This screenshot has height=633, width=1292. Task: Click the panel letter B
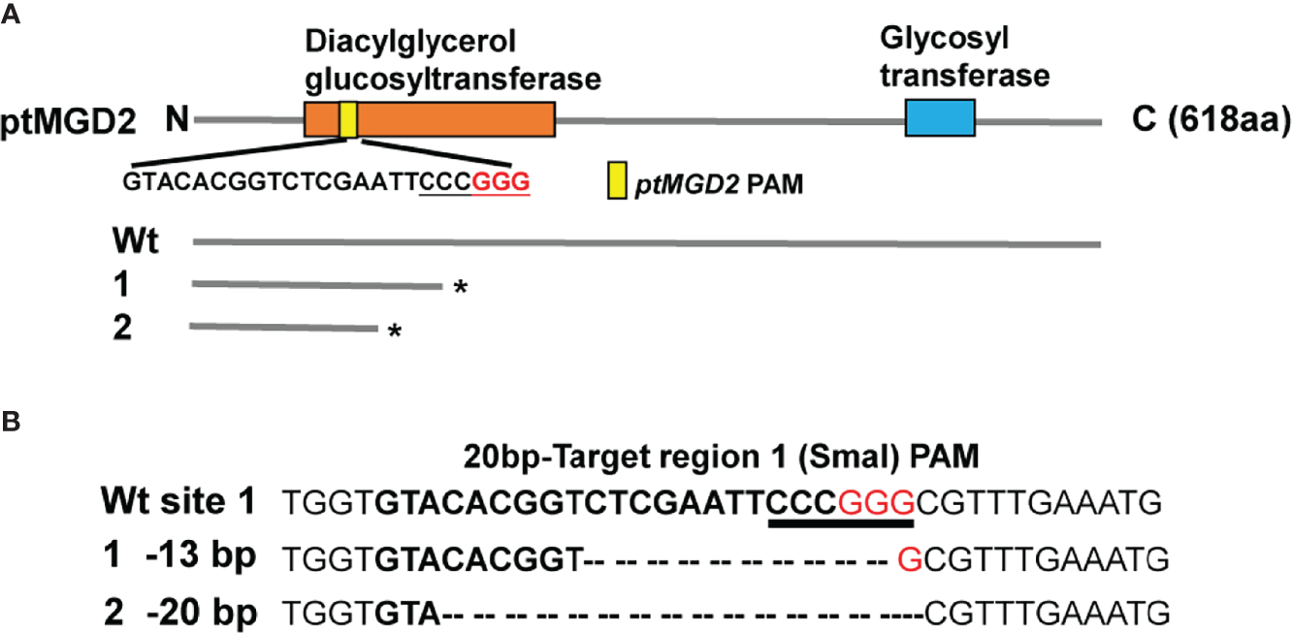[11, 424]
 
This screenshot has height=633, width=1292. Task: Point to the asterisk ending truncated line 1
[458, 289]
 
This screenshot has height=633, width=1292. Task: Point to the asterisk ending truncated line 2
[395, 333]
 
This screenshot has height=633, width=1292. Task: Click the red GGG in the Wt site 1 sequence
[877, 503]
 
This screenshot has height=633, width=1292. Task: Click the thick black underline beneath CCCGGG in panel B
[840, 523]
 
